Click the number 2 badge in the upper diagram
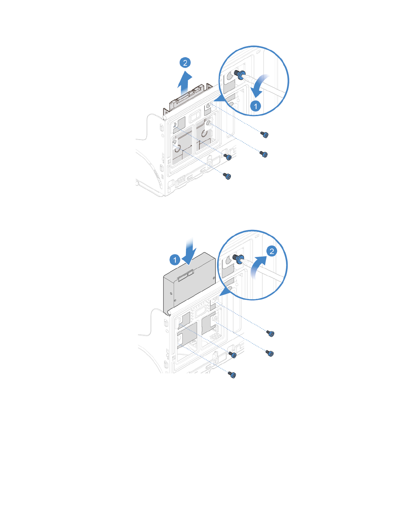click(x=185, y=63)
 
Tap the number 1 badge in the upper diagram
click(x=256, y=106)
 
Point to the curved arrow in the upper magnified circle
click(x=259, y=85)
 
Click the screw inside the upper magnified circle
click(x=240, y=75)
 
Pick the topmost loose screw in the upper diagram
click(x=265, y=135)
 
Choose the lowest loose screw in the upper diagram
click(x=228, y=176)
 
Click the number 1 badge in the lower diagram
click(x=175, y=259)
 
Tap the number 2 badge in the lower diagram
click(x=272, y=251)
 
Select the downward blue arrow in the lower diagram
click(x=189, y=251)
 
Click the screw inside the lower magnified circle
click(x=238, y=258)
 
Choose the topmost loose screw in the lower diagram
click(x=271, y=334)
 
